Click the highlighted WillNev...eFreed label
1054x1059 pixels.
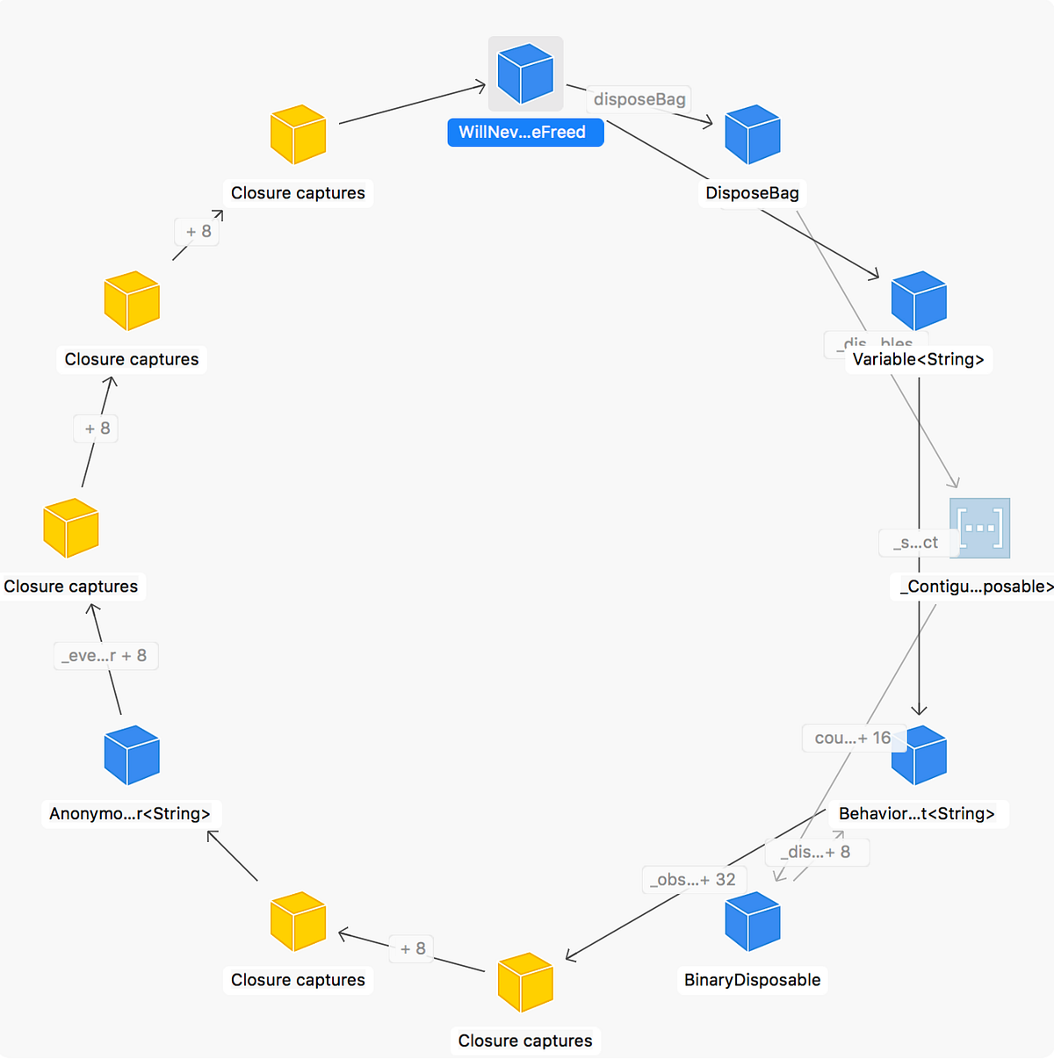pyautogui.click(x=525, y=133)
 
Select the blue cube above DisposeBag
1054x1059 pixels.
pyautogui.click(x=753, y=134)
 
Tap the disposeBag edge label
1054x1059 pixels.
pyautogui.click(x=639, y=99)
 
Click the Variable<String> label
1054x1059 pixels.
pyautogui.click(x=918, y=359)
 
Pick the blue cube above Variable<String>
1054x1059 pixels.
pyautogui.click(x=919, y=300)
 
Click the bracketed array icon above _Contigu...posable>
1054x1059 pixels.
pyautogui.click(x=979, y=528)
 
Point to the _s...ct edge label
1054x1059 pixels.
pyautogui.click(x=914, y=543)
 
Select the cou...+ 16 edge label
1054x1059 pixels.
pyautogui.click(x=852, y=738)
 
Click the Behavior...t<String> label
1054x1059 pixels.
pyautogui.click(x=917, y=814)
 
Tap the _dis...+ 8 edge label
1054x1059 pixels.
pyautogui.click(x=818, y=852)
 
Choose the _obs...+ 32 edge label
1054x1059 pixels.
pyautogui.click(x=693, y=880)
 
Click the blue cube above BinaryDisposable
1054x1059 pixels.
pyautogui.click(x=753, y=921)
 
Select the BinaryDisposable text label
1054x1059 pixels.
pyautogui.click(x=753, y=980)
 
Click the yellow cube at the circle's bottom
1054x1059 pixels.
pyautogui.click(x=525, y=982)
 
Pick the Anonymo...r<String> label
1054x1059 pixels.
pyautogui.click(x=130, y=814)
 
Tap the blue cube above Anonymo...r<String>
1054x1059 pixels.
pyautogui.click(x=132, y=755)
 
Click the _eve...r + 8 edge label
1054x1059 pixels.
pyautogui.click(x=105, y=656)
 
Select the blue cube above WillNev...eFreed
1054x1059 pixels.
pyautogui.click(x=525, y=74)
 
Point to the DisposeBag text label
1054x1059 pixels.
pyautogui.click(x=753, y=193)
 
